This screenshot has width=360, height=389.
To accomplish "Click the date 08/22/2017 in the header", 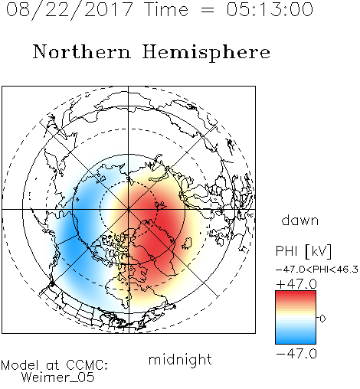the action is tap(69, 10).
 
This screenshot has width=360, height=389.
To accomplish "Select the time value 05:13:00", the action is tap(270, 9).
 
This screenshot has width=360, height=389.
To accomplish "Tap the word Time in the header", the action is tap(166, 9).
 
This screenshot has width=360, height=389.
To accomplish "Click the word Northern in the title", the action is tap(82, 51).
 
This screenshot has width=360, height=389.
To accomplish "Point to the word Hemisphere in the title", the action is tap(206, 53).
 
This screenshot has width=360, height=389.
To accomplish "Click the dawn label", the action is tap(300, 220).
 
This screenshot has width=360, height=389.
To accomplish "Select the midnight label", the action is tap(180, 359).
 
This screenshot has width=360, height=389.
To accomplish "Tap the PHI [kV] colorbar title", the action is tap(303, 251).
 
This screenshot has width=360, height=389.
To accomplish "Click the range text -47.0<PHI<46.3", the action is tap(316, 270).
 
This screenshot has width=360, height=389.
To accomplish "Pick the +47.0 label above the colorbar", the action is tap(296, 284).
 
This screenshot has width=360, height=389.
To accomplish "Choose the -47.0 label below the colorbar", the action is tap(296, 354).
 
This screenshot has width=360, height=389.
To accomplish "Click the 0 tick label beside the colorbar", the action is tap(322, 319).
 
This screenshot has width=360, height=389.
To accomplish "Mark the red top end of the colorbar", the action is tap(296, 292).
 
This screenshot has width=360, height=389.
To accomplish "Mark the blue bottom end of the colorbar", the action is tap(296, 343).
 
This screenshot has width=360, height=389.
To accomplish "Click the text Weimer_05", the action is tap(58, 378).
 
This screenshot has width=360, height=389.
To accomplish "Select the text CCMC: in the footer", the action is tap(87, 365).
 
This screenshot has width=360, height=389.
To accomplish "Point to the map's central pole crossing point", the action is tap(129, 209).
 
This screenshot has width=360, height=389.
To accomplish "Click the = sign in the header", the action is tap(208, 10).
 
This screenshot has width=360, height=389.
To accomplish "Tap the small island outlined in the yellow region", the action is tap(188, 244).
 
